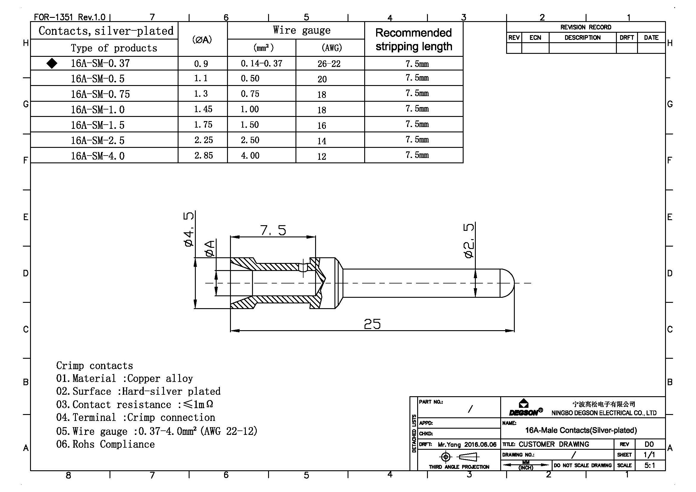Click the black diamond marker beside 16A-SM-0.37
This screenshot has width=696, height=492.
point(52,63)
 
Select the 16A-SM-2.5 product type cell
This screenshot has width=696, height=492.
point(98,141)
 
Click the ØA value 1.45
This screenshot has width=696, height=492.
point(203,109)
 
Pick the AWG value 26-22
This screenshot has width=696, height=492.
point(329,64)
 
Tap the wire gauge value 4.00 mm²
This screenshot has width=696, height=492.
point(250,156)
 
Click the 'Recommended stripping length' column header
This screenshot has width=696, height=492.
point(414,39)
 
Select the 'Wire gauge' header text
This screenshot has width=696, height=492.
point(301,30)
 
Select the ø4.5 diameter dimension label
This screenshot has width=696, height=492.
point(189,229)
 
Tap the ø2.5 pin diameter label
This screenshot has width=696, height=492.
point(469,241)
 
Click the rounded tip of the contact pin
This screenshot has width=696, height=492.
point(507,283)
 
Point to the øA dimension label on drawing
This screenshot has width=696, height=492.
point(209,248)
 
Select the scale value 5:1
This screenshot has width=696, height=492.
point(649,465)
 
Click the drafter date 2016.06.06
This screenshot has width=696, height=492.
point(480,444)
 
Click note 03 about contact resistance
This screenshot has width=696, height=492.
point(135,405)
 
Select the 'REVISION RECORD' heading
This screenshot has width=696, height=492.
point(585,27)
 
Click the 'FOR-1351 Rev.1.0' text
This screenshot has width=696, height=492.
point(69,17)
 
